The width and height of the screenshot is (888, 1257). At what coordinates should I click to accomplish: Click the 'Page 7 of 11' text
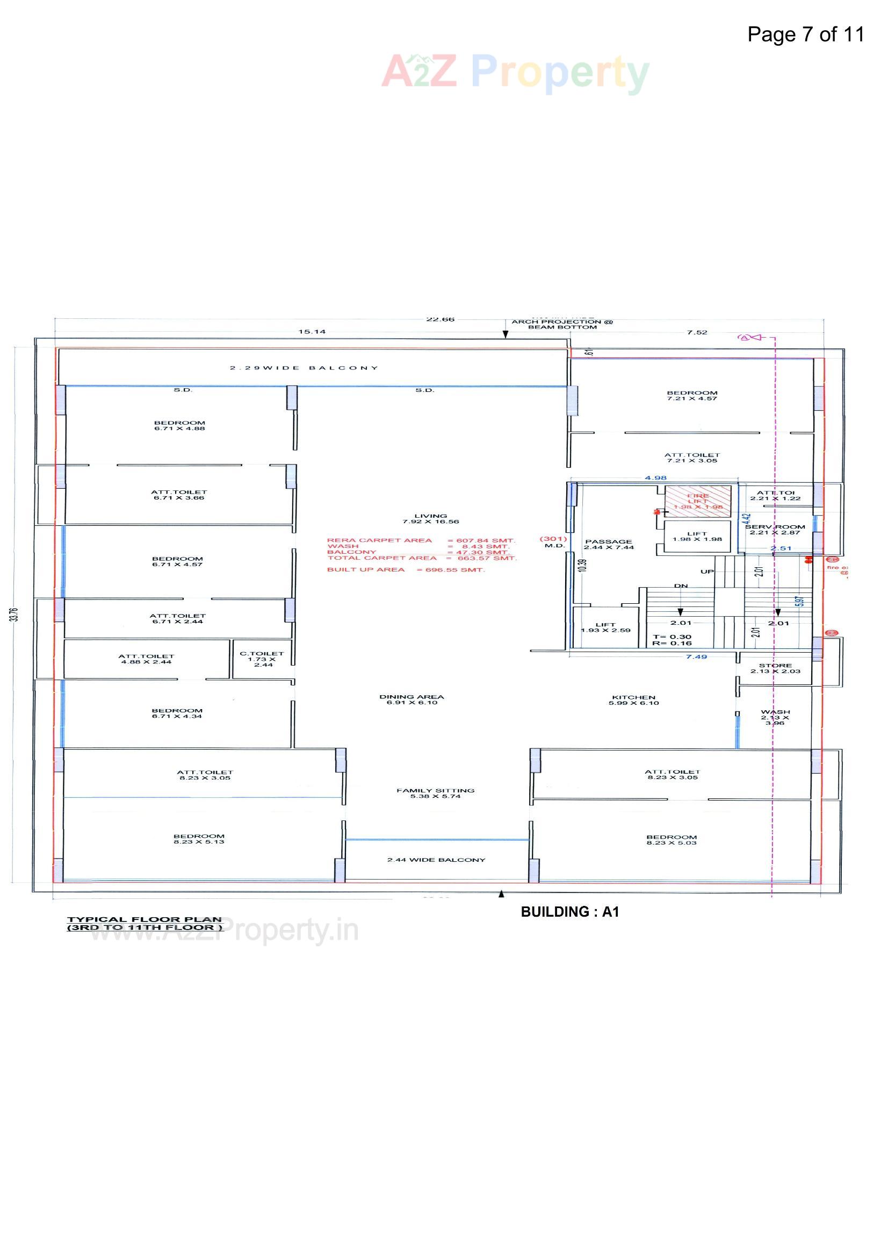coord(805,34)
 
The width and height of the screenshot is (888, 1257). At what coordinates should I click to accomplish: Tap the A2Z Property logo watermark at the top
coord(515,73)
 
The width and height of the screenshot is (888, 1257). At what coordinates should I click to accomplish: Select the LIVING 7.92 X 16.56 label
coord(431,518)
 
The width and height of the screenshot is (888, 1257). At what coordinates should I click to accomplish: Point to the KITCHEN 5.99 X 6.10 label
coord(633,700)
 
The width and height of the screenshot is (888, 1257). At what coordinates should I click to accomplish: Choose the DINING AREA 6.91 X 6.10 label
coord(411,699)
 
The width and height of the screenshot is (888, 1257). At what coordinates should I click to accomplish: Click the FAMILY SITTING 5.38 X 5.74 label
coord(436,794)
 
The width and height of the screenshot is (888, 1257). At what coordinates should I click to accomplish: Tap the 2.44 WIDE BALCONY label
coord(436,860)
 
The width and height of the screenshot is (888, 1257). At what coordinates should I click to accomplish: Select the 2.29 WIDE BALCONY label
coord(304,368)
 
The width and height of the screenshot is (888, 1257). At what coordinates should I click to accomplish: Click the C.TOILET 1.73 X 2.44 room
coord(262,659)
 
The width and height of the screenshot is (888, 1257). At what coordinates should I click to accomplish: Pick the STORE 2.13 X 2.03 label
coord(775,668)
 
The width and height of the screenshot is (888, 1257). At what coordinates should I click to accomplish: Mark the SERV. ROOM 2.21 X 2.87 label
coord(775,530)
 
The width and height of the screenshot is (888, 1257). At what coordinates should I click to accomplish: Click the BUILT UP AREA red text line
coord(406,570)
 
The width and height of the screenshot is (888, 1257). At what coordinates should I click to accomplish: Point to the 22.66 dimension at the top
coord(440,319)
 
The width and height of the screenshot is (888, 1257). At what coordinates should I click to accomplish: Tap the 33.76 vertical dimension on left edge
coord(13,615)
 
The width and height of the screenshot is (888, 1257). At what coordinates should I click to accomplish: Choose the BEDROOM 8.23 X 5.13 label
coord(199,839)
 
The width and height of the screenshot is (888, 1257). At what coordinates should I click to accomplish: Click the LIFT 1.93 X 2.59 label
coord(605,627)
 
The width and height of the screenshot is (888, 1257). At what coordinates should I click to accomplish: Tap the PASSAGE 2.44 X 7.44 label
coord(609,544)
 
